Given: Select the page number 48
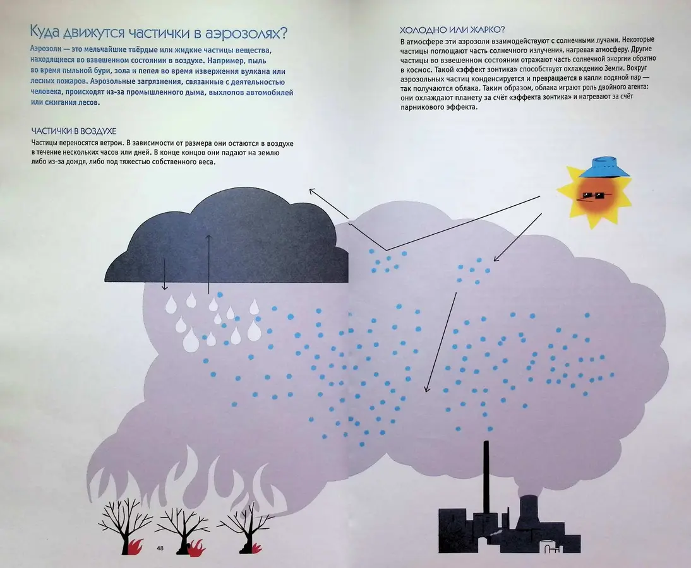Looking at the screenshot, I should pos(160,548).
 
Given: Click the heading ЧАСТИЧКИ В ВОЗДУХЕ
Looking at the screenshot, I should pos(74,131).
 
